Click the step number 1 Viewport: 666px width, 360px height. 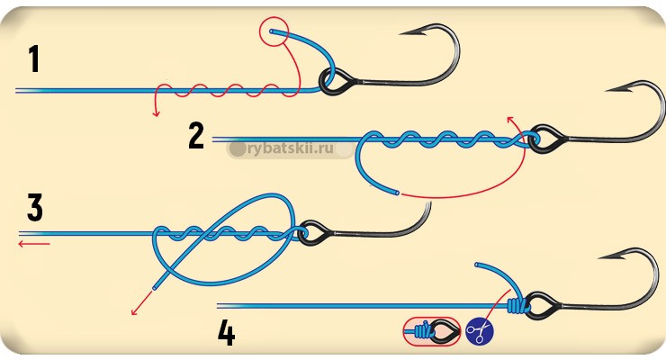click(x=34, y=58)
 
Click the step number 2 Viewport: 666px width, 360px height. click(x=196, y=136)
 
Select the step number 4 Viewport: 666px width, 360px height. click(x=226, y=333)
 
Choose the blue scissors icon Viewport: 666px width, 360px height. click(x=480, y=332)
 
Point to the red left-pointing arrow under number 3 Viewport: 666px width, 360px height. click(x=34, y=243)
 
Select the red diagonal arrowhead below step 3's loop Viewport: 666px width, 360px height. click(x=135, y=311)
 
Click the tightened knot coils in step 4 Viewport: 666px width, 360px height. click(x=516, y=306)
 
